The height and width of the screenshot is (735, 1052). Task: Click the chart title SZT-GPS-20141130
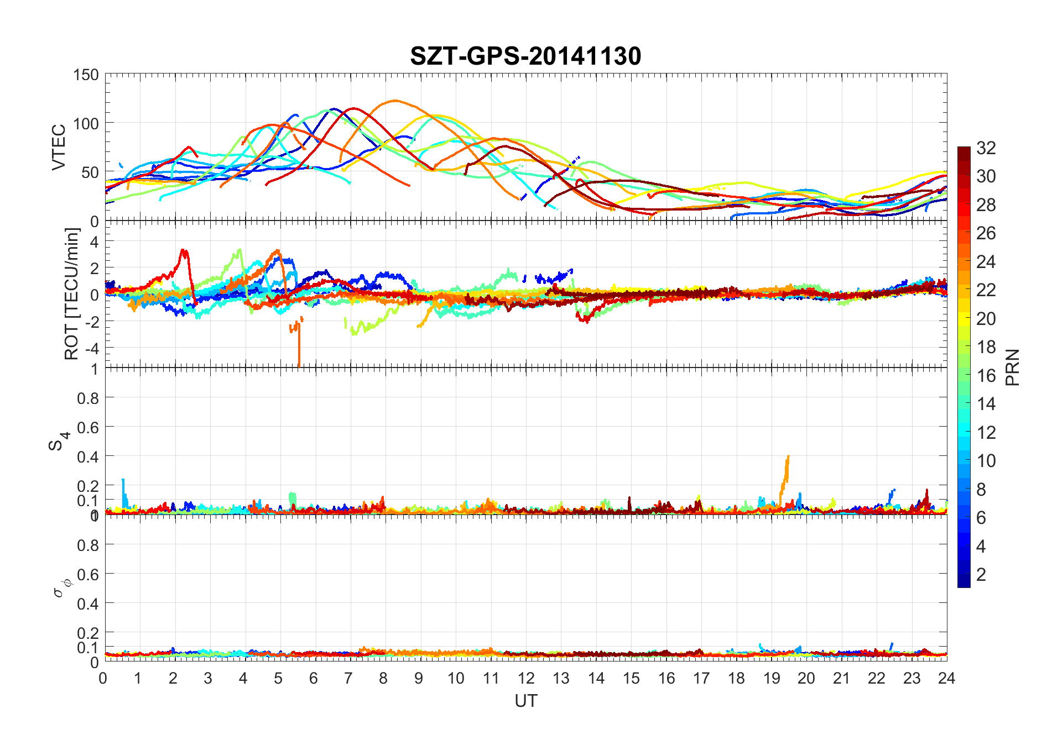tap(525, 56)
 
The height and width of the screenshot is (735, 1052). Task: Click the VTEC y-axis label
tap(59, 147)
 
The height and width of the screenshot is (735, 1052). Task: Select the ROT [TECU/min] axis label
tap(72, 293)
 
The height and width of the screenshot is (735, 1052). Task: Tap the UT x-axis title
tap(525, 701)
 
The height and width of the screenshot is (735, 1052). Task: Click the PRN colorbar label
tap(1012, 368)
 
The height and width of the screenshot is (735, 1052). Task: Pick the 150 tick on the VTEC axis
tap(86, 75)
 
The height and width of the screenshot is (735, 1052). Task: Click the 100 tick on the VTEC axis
tap(86, 124)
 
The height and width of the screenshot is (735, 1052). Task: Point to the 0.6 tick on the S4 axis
tap(88, 427)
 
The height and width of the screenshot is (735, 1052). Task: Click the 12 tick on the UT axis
tap(526, 679)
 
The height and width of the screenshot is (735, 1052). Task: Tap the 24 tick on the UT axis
tap(946, 679)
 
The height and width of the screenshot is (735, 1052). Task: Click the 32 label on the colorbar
tap(986, 148)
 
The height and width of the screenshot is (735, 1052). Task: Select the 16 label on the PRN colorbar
tap(986, 376)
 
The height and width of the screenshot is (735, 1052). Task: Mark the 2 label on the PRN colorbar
tap(981, 575)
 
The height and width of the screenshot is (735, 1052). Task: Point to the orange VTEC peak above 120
tap(394, 101)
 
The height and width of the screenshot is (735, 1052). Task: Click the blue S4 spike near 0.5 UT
tap(123, 481)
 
